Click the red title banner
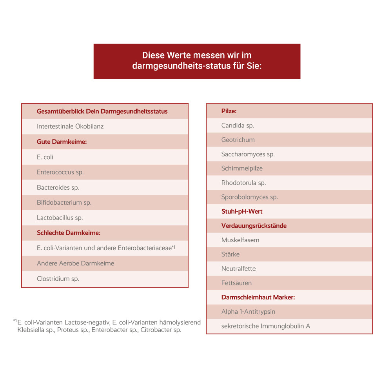click(x=197, y=61)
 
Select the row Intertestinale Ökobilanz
click(x=70, y=127)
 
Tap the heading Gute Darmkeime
click(x=62, y=142)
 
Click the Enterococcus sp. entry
click(x=60, y=172)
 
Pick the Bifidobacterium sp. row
click(x=64, y=203)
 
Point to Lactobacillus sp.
click(x=60, y=218)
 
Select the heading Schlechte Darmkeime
click(x=69, y=233)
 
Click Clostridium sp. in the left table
click(x=58, y=279)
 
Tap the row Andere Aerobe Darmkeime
click(x=75, y=263)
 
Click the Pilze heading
click(x=229, y=111)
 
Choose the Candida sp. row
click(x=238, y=125)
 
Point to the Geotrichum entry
click(x=238, y=140)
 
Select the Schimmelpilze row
click(x=242, y=169)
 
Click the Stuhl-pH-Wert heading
click(x=242, y=211)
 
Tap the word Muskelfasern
click(x=240, y=240)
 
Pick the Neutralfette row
click(x=238, y=269)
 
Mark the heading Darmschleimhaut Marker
click(x=258, y=297)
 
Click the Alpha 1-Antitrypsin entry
click(x=248, y=312)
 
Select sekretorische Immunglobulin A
click(x=265, y=326)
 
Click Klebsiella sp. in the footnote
click(x=35, y=330)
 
